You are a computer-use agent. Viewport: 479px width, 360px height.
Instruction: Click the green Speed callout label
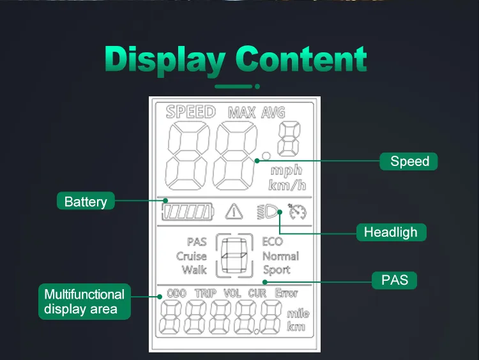click(x=409, y=161)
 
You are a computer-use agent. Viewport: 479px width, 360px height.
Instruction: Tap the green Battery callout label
click(x=86, y=202)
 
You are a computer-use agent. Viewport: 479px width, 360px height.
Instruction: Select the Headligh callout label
click(x=391, y=232)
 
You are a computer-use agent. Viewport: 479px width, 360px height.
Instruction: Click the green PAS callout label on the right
click(x=395, y=280)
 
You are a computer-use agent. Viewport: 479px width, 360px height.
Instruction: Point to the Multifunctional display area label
click(x=84, y=301)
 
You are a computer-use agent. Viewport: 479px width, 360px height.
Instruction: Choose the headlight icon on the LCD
click(x=270, y=211)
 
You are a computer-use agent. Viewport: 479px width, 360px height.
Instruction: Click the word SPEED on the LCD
click(x=190, y=112)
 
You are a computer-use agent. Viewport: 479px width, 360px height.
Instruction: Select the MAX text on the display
click(x=241, y=113)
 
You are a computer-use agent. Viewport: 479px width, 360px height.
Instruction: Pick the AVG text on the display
click(x=273, y=113)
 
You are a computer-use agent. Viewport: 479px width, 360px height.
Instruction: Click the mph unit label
click(x=286, y=170)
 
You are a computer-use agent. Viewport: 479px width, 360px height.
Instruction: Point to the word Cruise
click(x=192, y=256)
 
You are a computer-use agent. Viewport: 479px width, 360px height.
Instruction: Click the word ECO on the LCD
click(x=273, y=242)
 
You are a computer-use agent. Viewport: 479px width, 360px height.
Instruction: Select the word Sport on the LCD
click(x=277, y=269)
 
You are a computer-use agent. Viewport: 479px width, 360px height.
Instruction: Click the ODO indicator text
click(x=176, y=294)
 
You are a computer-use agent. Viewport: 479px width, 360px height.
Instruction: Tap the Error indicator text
click(x=287, y=294)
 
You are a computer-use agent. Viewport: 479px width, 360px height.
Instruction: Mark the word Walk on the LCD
click(x=194, y=269)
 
